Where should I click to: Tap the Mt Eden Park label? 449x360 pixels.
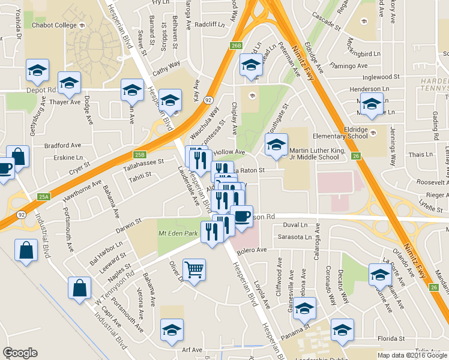pos(178,233)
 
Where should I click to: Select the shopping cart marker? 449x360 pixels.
pos(194,271)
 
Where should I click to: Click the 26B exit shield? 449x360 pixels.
pos(237,45)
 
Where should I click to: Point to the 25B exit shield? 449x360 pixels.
pos(140,154)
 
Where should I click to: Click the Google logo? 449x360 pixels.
pos(20,353)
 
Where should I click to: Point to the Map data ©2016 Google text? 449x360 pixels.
pos(412,355)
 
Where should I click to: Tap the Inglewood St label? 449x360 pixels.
pos(381,77)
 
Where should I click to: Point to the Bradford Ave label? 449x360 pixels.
pos(66,145)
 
